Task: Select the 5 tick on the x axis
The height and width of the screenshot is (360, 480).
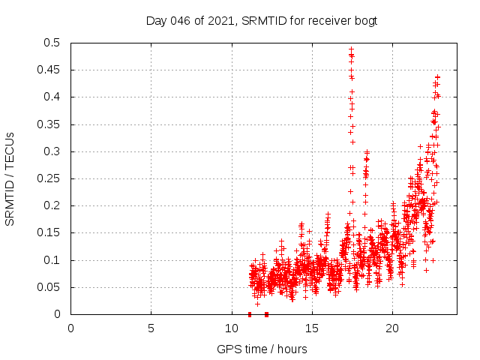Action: (x=151, y=328)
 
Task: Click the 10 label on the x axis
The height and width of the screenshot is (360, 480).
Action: (x=231, y=328)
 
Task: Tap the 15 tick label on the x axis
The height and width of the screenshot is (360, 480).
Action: (x=311, y=328)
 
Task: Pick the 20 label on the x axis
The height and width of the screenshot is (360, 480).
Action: (x=391, y=328)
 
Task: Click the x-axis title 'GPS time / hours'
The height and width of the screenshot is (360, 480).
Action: (x=262, y=349)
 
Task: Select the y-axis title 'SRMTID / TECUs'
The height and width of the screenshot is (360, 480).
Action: (x=10, y=178)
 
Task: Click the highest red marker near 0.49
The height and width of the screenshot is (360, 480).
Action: (x=351, y=49)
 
